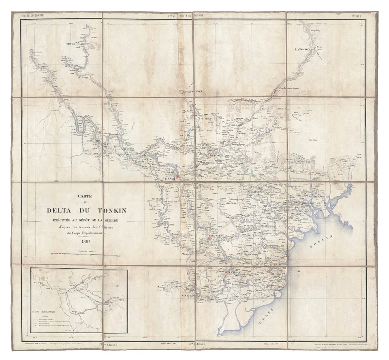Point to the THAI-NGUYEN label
(193, 92)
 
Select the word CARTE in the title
(86, 196)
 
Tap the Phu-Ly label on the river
(185, 254)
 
